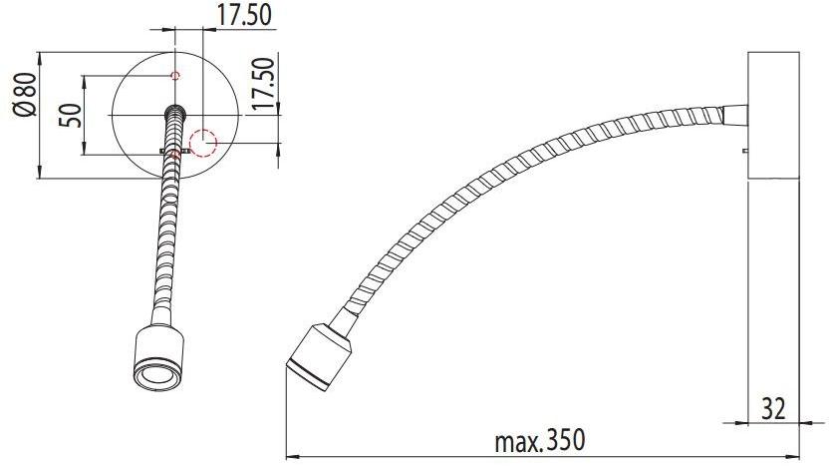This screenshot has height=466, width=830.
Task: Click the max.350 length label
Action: point(538,440)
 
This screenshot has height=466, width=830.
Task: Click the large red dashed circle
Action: point(203,144)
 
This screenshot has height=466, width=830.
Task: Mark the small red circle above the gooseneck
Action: point(174,76)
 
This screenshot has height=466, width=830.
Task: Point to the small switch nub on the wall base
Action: point(745,151)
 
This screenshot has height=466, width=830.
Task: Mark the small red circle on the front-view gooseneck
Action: point(175,153)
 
